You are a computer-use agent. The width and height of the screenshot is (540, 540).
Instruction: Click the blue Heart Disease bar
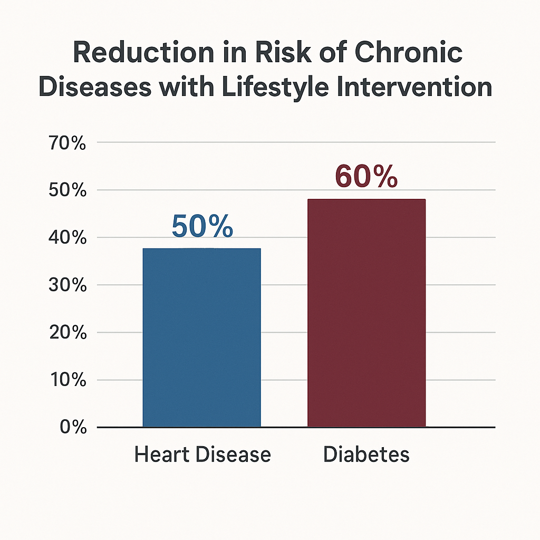click(x=202, y=337)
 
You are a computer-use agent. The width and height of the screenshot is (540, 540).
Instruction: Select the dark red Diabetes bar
click(x=367, y=313)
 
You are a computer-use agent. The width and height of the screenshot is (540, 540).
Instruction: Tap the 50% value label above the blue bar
click(x=202, y=226)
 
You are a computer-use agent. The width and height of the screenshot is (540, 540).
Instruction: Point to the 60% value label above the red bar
click(x=367, y=176)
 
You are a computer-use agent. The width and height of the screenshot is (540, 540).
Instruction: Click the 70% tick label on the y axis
click(x=67, y=143)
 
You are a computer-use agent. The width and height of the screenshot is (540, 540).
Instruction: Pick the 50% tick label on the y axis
click(x=67, y=190)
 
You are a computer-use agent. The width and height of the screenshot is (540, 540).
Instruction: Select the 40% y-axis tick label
click(x=67, y=237)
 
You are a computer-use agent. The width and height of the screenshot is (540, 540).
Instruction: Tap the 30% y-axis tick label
click(x=67, y=285)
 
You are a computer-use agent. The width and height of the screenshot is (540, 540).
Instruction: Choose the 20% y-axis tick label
click(x=68, y=332)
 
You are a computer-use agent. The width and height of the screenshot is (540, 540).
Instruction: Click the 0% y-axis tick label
click(x=73, y=427)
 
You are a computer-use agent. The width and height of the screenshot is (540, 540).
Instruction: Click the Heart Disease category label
click(x=202, y=454)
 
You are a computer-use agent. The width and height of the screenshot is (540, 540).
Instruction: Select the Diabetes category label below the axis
click(x=367, y=454)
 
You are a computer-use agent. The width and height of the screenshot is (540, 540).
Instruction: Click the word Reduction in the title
click(x=143, y=52)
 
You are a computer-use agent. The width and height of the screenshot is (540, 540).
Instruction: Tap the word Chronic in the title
click(x=409, y=52)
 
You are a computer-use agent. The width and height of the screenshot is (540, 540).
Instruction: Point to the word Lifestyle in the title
click(x=275, y=87)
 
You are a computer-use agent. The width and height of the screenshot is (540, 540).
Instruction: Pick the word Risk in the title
click(x=283, y=52)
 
